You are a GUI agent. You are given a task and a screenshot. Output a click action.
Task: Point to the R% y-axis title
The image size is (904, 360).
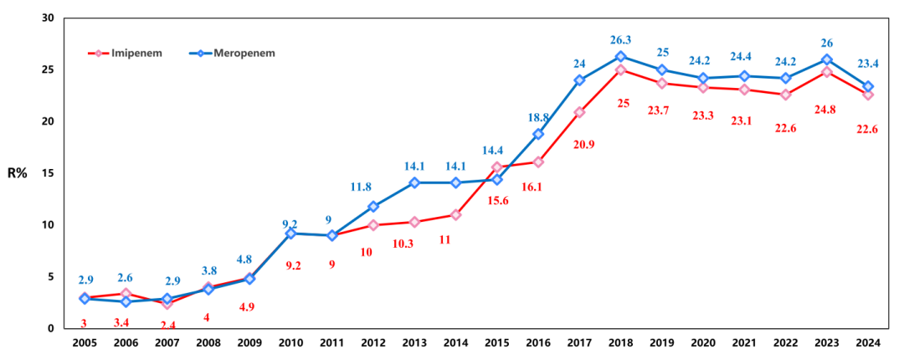[18, 174]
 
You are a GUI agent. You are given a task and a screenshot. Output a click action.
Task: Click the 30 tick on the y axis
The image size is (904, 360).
[48, 18]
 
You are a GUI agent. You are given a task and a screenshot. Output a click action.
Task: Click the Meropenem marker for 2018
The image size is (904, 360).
[620, 56]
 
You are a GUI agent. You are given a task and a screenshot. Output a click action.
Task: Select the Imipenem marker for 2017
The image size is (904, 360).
[579, 112]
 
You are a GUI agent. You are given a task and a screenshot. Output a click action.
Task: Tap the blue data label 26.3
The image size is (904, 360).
[620, 39]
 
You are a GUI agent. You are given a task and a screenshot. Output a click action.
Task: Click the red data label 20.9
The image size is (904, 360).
[583, 144]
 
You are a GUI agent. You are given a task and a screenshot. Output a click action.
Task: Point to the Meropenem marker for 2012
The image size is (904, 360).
[373, 206]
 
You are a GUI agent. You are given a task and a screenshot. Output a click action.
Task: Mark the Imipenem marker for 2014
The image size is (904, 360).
[455, 214]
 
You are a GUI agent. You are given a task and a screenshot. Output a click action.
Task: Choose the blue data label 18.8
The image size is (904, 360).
[537, 117]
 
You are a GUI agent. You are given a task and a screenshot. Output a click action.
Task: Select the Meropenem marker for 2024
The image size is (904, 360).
[868, 86]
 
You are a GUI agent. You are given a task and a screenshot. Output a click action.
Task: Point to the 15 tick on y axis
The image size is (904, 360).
[48, 173]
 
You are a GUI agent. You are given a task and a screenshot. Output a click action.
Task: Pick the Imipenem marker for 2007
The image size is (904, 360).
[167, 303]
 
